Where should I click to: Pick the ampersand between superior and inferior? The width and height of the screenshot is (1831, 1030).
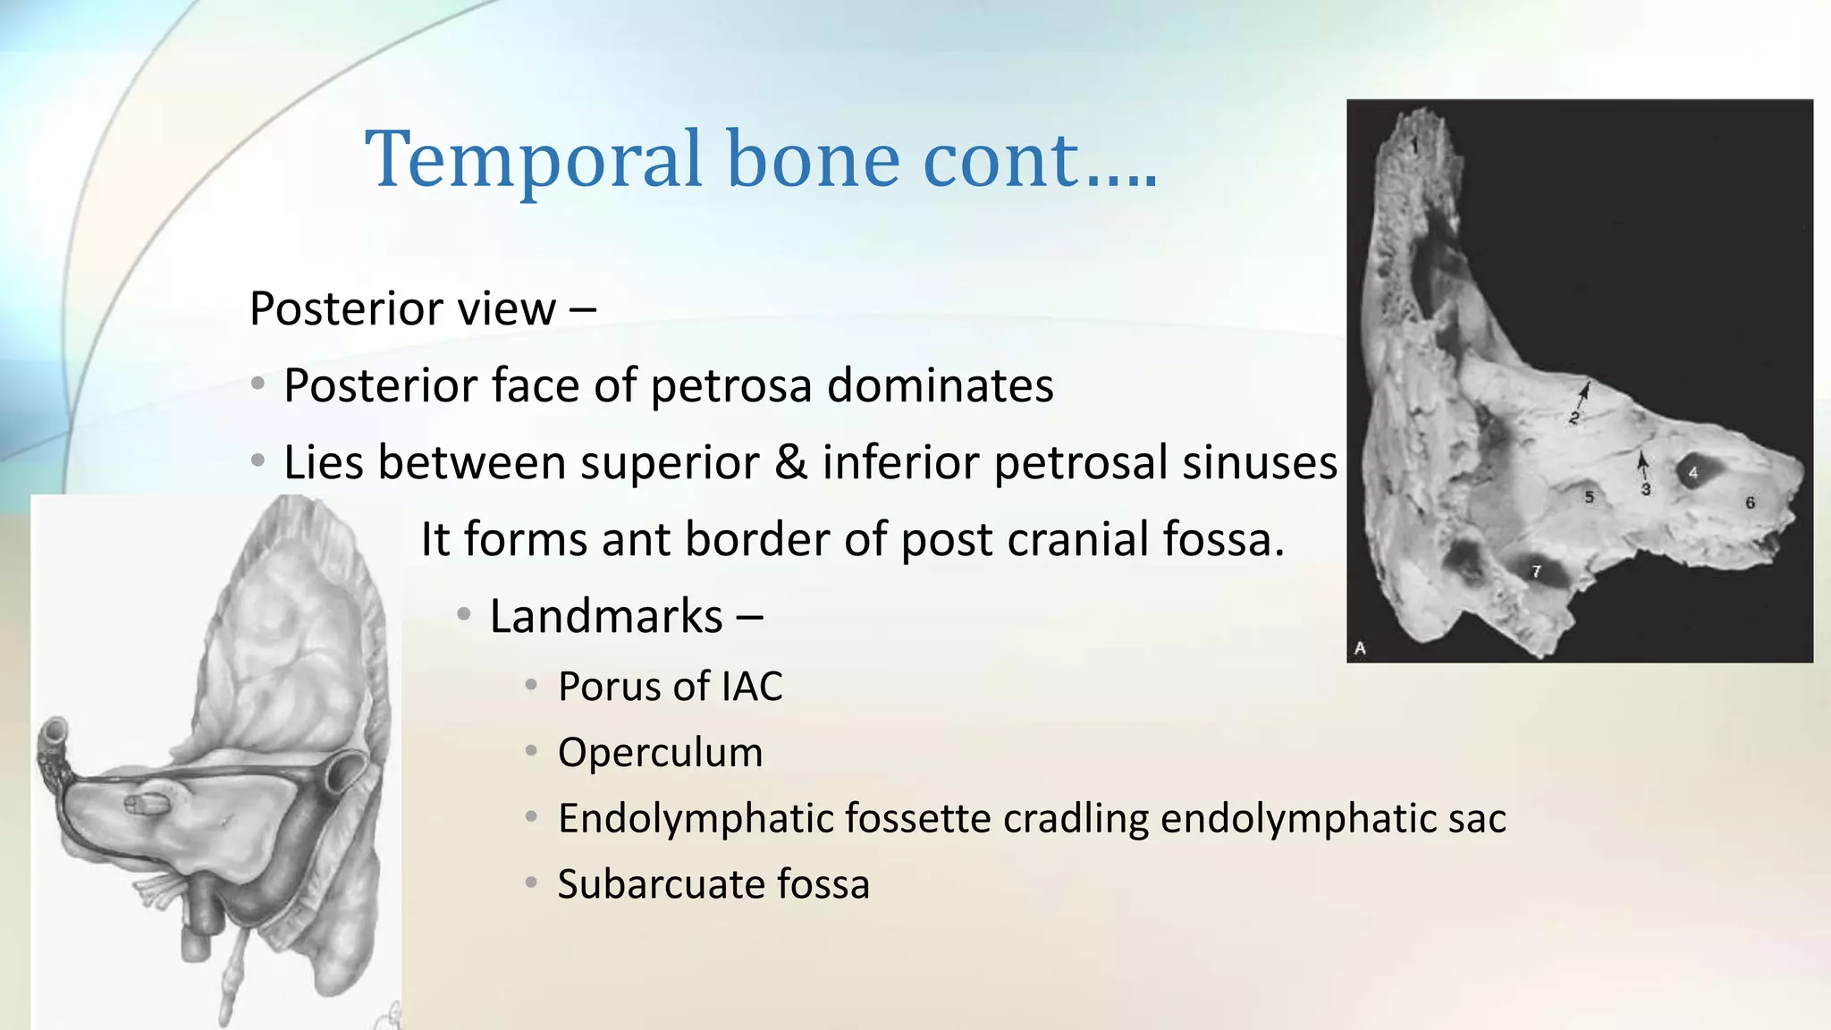790,463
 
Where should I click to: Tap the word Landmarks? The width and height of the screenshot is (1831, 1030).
606,617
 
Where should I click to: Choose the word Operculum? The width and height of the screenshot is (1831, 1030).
660,753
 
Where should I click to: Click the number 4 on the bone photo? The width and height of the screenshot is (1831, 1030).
1693,472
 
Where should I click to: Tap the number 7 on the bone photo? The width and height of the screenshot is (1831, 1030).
1536,571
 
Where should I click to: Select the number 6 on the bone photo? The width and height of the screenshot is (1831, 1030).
1751,503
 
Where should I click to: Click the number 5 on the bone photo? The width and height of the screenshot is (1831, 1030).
1589,497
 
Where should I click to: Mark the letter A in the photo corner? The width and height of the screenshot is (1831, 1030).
1360,648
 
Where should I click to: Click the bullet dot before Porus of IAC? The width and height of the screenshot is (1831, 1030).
531,686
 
